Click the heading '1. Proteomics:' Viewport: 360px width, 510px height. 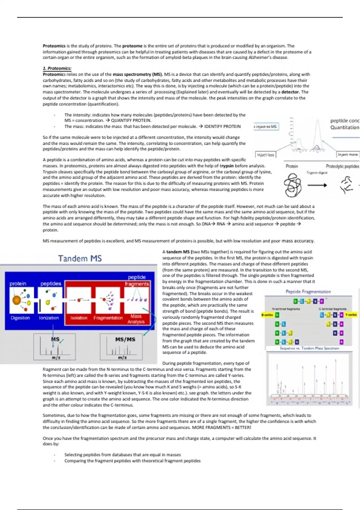click(57, 68)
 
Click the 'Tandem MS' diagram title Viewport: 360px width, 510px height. click(80, 258)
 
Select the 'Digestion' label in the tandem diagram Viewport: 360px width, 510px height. click(20, 318)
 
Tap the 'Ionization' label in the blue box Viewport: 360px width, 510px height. click(49, 318)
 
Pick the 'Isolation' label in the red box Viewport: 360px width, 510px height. click(79, 318)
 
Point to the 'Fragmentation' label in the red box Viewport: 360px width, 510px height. click(108, 318)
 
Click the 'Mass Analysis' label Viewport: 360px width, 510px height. click(136, 319)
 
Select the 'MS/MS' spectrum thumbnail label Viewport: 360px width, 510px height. click(125, 339)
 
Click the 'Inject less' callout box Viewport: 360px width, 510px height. click(265, 155)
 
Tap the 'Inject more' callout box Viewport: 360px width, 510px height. click(348, 154)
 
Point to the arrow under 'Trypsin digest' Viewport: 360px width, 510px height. click(317, 185)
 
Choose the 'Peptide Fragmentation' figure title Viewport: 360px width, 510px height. click(308, 292)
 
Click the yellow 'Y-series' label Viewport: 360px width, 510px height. click(351, 315)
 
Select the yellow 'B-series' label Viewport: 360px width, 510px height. click(267, 315)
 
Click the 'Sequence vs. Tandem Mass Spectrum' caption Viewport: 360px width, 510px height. click(309, 348)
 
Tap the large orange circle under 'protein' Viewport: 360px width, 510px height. click(16, 300)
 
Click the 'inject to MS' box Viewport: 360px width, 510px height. click(266, 127)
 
